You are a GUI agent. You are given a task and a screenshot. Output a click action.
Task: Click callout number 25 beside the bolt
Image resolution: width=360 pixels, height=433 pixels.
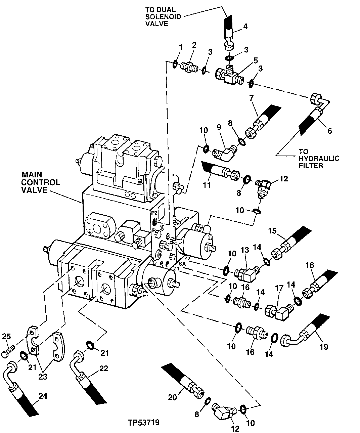7,336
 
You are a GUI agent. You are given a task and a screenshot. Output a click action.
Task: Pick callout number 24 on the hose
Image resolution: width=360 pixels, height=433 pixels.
42,396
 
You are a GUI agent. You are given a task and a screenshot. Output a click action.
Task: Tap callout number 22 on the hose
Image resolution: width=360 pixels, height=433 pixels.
103,369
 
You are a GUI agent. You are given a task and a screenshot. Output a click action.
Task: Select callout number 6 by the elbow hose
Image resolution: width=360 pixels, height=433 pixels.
329,131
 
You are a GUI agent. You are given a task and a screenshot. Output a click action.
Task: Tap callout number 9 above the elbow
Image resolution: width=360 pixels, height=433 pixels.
219,127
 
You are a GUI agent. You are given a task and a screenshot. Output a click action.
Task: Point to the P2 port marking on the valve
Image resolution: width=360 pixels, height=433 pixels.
154,213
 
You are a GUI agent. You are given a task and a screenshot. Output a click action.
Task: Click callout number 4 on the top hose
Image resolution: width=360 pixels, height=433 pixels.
245,27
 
